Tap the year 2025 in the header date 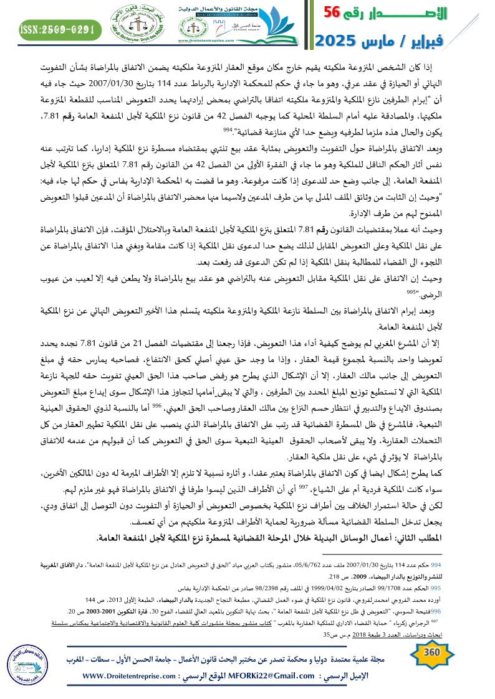[343, 42]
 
